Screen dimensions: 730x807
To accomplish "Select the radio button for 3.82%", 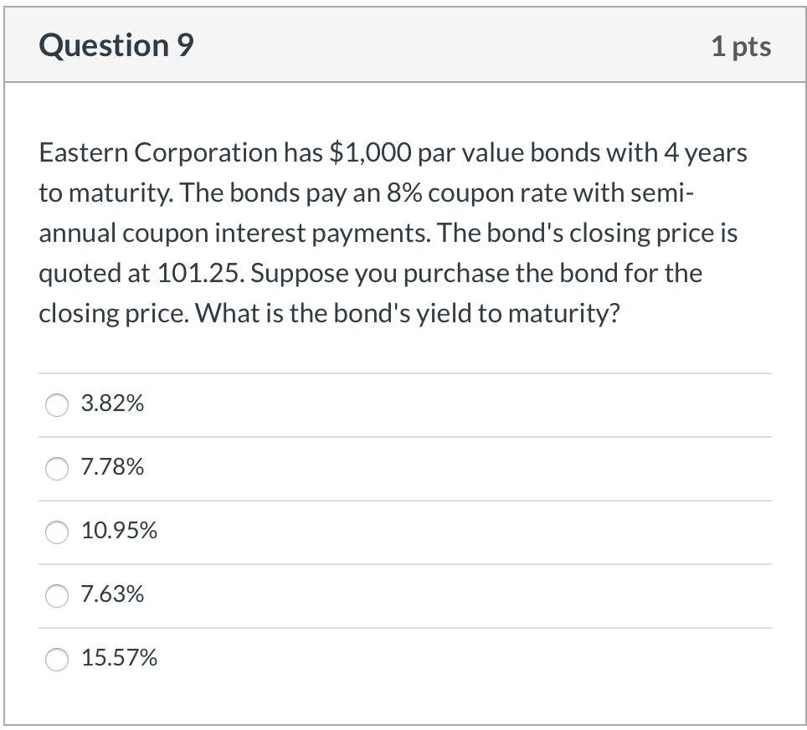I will [x=57, y=404].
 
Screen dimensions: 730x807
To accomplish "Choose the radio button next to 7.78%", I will [x=57, y=468].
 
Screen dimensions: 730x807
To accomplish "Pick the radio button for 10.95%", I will [x=57, y=532].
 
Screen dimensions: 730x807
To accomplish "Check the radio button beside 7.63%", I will [x=57, y=595].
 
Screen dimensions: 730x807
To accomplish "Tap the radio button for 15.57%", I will [x=57, y=659].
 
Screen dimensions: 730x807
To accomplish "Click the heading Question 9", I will [x=116, y=45].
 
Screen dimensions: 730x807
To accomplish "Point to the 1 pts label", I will [x=741, y=46].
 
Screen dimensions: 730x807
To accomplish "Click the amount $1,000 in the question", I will [x=368, y=153].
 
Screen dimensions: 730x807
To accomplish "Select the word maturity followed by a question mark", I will [x=566, y=314].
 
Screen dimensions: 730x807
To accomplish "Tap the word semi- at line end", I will [x=667, y=193].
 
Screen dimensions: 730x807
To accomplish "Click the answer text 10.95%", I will [x=119, y=532].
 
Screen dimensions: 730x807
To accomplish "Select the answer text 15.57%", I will [x=119, y=659].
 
